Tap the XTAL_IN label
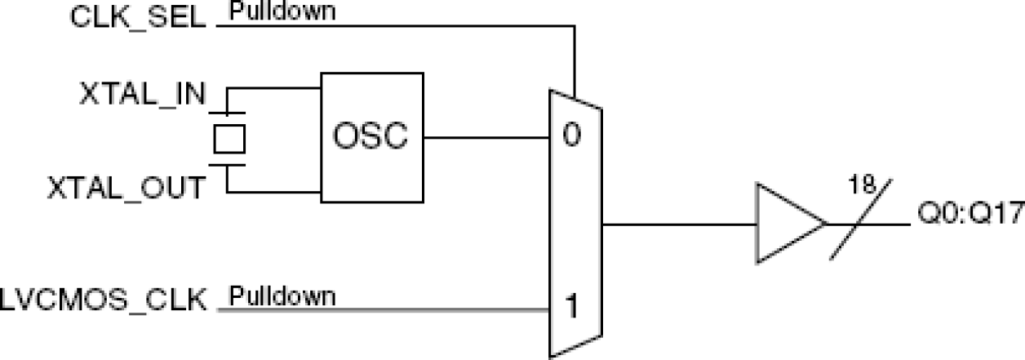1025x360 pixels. coord(143,93)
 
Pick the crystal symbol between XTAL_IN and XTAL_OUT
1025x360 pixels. coord(229,138)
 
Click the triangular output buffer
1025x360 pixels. coord(787,224)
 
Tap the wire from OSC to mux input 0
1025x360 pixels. coord(486,136)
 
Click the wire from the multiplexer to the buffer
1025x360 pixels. coord(677,224)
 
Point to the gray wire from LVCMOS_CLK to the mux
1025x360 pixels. coord(384,309)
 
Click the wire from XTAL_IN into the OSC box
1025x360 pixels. coord(273,88)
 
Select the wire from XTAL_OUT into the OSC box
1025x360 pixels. coord(273,193)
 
